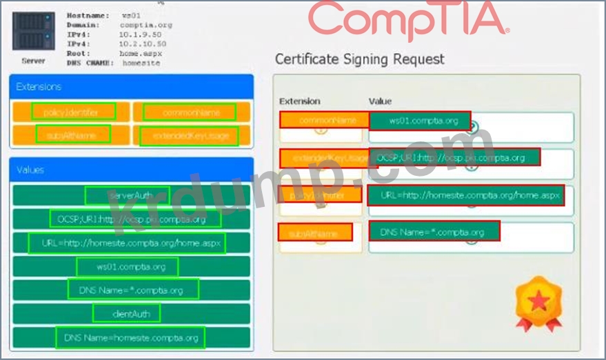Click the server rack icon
coord(33,31)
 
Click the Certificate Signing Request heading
coord(360,59)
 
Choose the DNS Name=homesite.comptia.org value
coord(130,337)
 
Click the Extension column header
coord(299,101)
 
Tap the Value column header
coord(380,101)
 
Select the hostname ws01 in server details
coord(131,15)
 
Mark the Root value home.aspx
coord(140,52)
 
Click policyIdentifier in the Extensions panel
coord(74,112)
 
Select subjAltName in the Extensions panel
coord(74,134)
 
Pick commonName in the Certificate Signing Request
coord(321,120)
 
